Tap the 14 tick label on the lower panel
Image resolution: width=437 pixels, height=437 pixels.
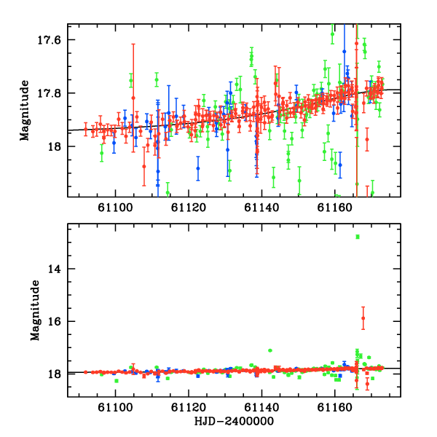54,269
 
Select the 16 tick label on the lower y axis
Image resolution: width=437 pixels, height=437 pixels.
54,322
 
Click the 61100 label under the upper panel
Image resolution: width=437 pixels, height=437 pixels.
115,208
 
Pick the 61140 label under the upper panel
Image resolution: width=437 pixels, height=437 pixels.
261,208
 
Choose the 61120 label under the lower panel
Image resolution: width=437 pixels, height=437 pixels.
189,407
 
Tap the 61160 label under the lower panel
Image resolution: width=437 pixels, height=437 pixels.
335,407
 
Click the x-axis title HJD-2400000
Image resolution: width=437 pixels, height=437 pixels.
234,421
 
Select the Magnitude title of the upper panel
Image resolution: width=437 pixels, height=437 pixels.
25,111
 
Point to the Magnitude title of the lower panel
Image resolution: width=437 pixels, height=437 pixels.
35,310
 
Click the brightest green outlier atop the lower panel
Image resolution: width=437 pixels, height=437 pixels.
358,237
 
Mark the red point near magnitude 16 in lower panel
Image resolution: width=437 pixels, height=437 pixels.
363,318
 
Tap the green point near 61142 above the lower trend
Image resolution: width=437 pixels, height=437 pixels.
269,350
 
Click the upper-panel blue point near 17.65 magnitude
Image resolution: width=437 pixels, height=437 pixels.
345,52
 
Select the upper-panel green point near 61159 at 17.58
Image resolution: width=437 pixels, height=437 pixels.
332,34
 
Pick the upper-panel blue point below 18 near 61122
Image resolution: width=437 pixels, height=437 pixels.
198,168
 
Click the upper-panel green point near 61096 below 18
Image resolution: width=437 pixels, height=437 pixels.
102,153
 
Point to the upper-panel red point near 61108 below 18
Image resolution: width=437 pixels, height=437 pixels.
144,166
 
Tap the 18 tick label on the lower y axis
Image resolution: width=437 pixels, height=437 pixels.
54,374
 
